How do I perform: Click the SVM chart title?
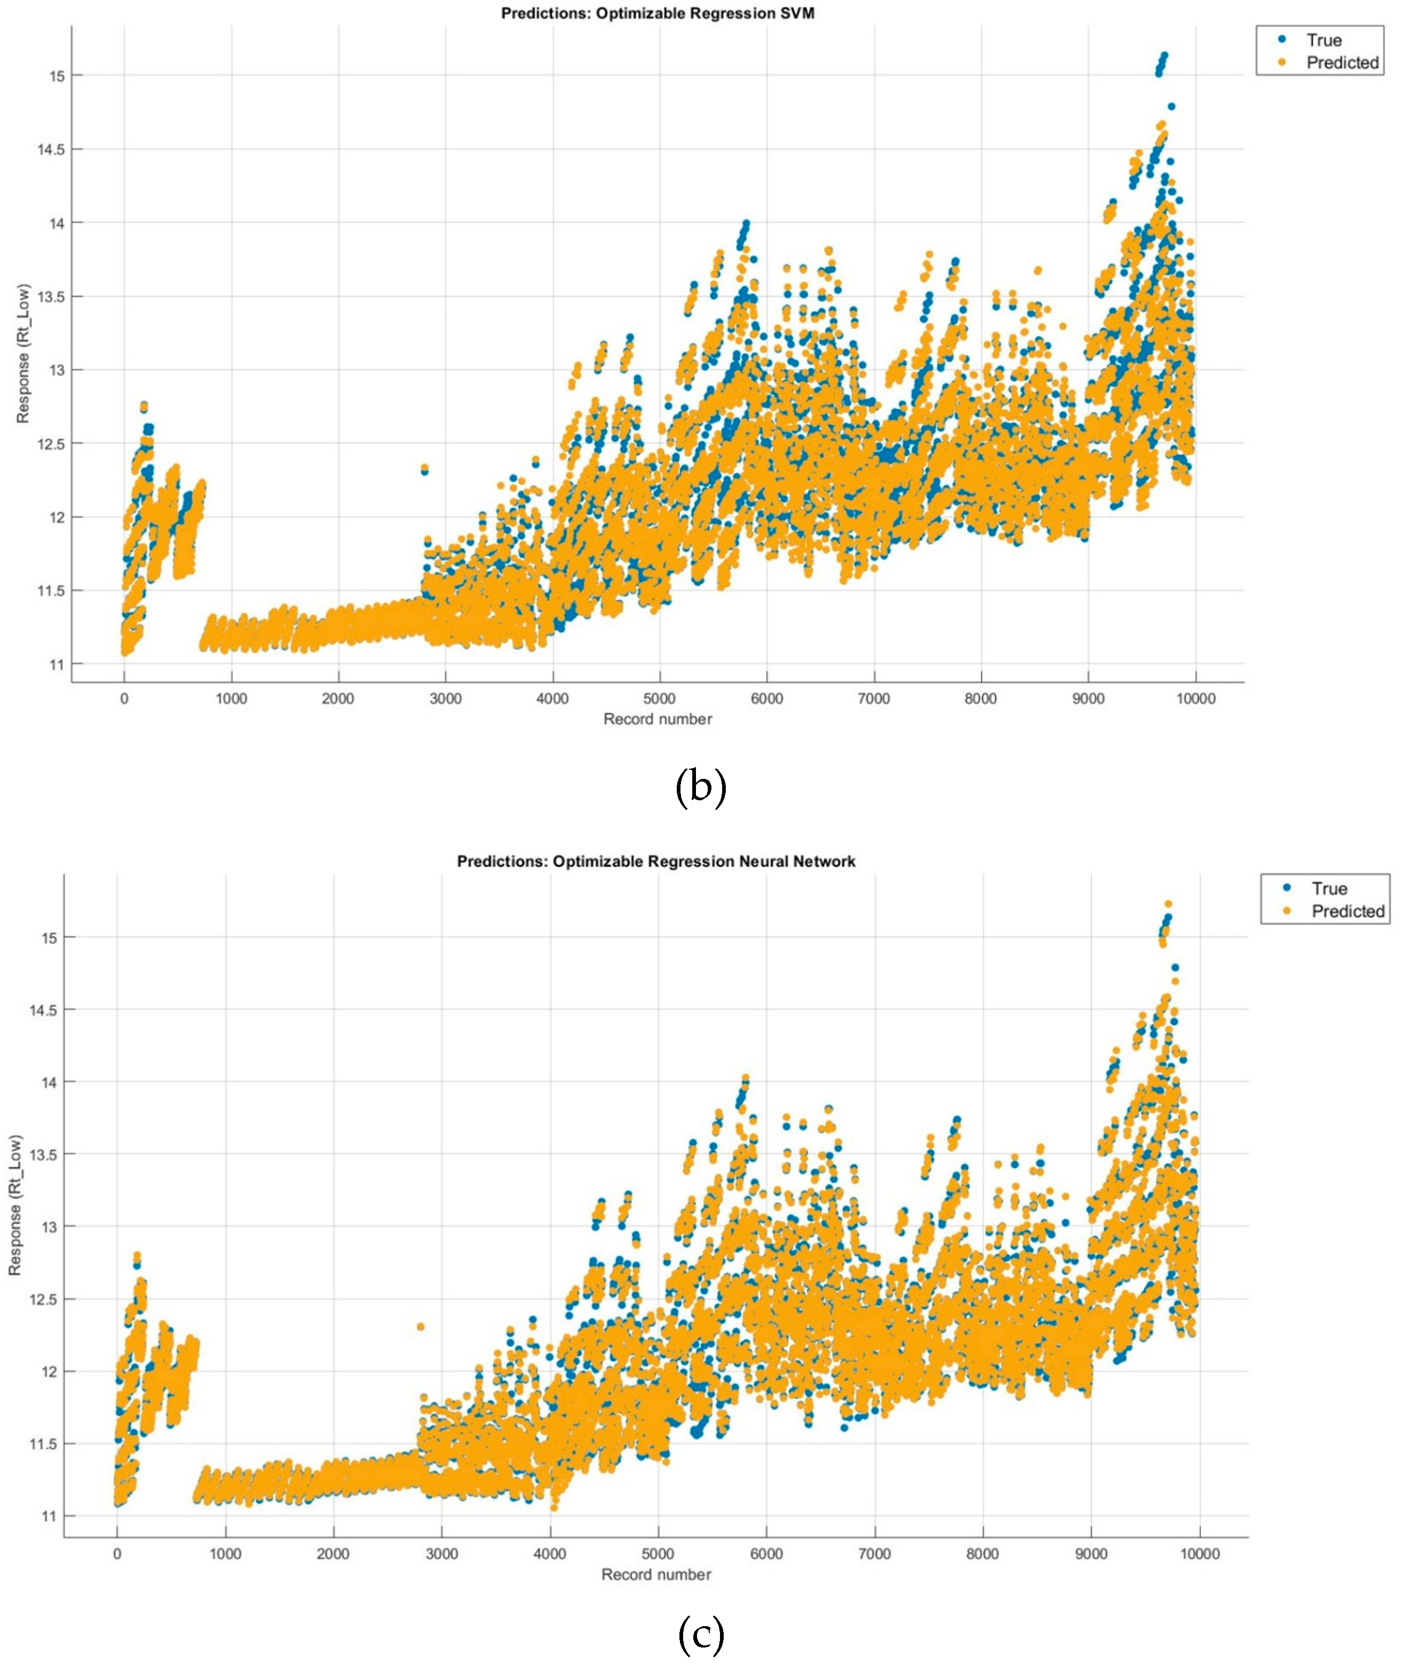tap(657, 13)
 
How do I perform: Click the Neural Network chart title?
tap(656, 862)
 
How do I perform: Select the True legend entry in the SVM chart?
tap(1323, 40)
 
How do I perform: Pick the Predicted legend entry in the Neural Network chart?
tap(1347, 911)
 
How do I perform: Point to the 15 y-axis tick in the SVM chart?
tap(56, 76)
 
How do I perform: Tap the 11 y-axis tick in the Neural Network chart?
tap(49, 1517)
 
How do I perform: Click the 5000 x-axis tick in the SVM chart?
tap(660, 699)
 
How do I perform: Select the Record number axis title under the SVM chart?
tap(657, 719)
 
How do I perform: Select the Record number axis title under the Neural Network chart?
tap(655, 1575)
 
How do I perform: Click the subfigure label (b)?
tap(700, 788)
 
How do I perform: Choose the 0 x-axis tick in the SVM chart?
tap(124, 699)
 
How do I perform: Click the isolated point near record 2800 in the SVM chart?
tap(424, 469)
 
